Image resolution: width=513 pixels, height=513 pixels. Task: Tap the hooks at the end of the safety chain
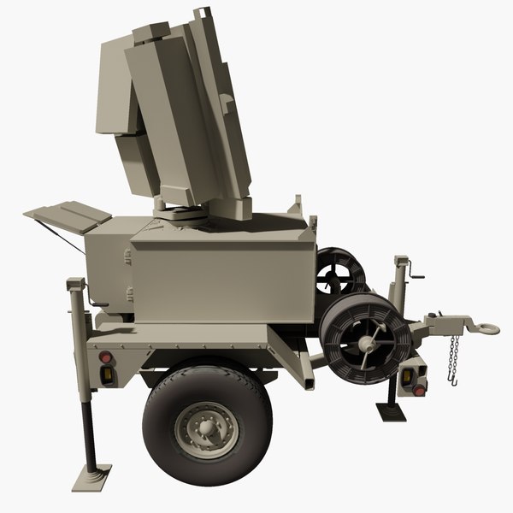[451, 373]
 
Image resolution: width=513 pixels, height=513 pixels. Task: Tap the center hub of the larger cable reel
[366, 343]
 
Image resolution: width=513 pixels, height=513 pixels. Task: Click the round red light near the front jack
[419, 389]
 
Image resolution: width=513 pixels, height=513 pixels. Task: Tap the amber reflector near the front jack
[410, 373]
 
